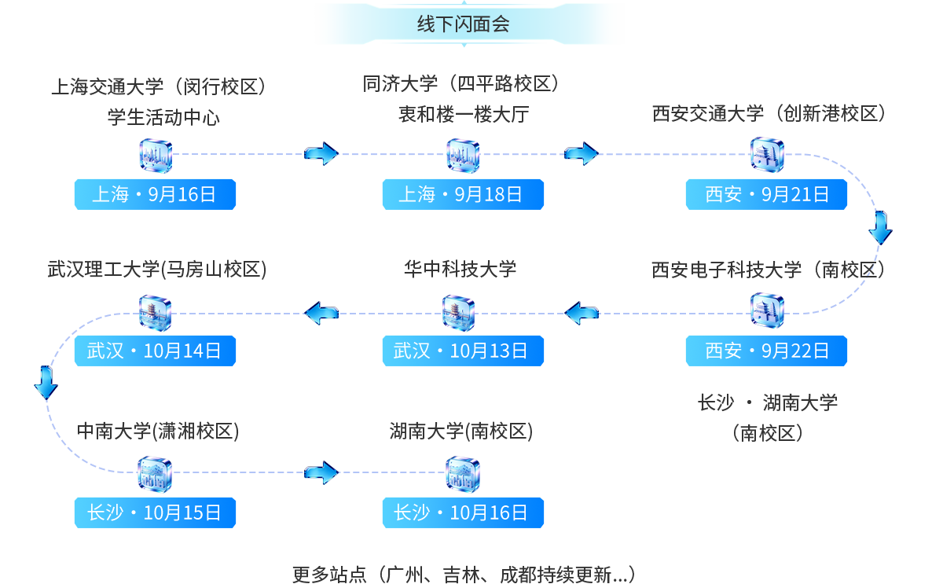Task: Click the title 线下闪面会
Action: click(464, 24)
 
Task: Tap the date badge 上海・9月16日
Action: click(155, 194)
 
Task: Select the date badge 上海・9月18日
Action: click(463, 194)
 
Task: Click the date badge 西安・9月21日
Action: click(766, 194)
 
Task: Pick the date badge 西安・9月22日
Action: click(766, 351)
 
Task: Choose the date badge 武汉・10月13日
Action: click(463, 351)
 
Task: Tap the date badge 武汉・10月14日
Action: click(155, 351)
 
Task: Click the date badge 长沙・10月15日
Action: click(155, 512)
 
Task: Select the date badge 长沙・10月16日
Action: click(463, 512)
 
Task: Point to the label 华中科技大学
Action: click(460, 269)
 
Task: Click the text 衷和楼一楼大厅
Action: click(464, 114)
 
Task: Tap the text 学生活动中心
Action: click(163, 117)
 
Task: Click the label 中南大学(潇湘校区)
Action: click(158, 432)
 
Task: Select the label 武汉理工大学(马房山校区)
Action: click(157, 270)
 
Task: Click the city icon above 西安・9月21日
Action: click(767, 155)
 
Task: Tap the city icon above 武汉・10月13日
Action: click(459, 313)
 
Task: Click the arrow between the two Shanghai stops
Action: click(321, 154)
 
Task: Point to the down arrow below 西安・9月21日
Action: click(880, 228)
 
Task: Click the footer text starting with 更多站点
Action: click(464, 575)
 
